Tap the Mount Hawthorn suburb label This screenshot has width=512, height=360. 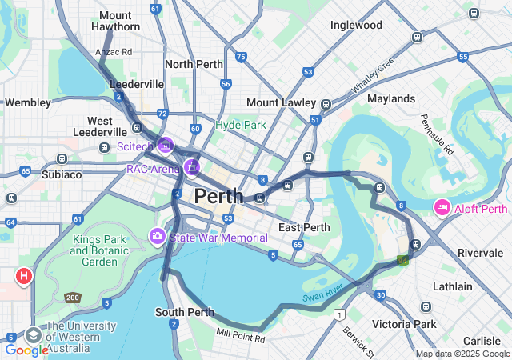click(116, 22)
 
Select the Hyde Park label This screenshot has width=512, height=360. click(240, 126)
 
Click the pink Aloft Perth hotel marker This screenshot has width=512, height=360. click(442, 208)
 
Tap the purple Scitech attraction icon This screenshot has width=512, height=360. click(166, 146)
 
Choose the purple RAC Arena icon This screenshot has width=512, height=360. click(191, 167)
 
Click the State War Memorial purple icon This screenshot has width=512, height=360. click(158, 237)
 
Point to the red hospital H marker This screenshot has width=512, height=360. click(24, 277)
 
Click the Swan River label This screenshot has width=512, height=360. click(323, 293)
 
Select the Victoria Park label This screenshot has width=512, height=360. click(404, 324)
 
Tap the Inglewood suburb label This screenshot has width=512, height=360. click(356, 25)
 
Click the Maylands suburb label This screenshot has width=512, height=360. click(391, 98)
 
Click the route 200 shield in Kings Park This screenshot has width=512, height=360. click(73, 298)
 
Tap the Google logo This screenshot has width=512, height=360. click(26, 350)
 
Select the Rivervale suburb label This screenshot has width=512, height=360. click(480, 253)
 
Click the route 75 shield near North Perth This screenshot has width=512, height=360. click(241, 57)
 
